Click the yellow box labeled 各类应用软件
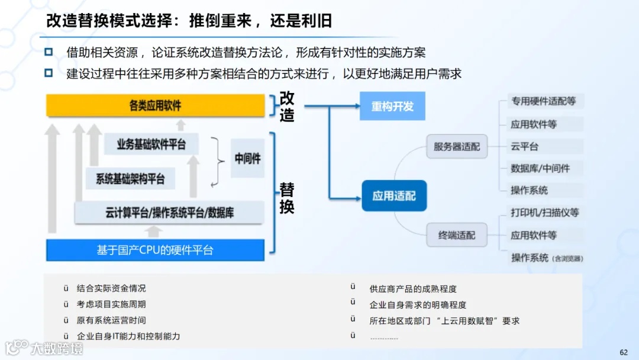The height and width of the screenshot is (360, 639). (156, 106)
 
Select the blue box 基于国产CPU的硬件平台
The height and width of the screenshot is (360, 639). (155, 250)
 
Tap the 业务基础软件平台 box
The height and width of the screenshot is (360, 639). (151, 144)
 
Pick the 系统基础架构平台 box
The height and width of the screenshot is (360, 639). (130, 179)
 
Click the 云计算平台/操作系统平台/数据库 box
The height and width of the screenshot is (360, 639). (169, 213)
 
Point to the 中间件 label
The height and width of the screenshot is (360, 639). (247, 159)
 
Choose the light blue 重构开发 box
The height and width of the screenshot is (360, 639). (392, 107)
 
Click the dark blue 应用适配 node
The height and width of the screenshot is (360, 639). (394, 196)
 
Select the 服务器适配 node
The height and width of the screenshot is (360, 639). (457, 147)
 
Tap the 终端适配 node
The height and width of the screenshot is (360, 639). (457, 235)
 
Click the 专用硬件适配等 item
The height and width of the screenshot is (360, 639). (543, 101)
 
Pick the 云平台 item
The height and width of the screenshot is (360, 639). (525, 146)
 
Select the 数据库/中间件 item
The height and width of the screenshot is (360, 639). (540, 168)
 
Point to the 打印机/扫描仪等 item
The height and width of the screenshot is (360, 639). (545, 213)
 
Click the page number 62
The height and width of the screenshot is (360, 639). (624, 352)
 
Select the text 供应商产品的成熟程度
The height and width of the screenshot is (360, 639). (413, 289)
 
